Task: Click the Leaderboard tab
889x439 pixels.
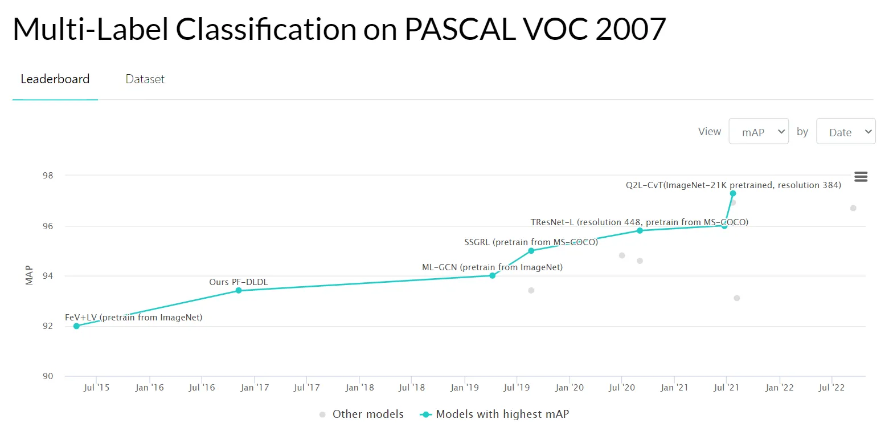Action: tap(55, 79)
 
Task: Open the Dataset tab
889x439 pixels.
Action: tap(145, 79)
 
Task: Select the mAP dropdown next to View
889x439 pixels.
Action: tap(758, 132)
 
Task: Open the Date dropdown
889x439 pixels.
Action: tap(846, 132)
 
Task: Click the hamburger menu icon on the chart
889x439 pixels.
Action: tap(861, 177)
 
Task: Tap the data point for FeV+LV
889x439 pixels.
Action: tap(76, 326)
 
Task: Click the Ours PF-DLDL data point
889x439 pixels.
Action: tap(239, 291)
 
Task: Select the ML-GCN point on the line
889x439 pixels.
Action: tap(492, 275)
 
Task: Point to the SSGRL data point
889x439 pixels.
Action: tap(531, 251)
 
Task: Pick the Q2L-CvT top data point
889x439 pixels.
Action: tap(733, 193)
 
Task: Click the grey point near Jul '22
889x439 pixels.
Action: tap(853, 208)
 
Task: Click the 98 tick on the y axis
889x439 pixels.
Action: tap(47, 176)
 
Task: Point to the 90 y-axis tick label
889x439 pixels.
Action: tap(47, 376)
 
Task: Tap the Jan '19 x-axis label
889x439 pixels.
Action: tap(465, 388)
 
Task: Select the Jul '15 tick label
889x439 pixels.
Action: tap(96, 388)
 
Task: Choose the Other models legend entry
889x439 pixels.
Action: tap(367, 414)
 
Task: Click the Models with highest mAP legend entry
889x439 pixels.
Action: tap(502, 414)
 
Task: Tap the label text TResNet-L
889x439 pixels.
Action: tap(552, 222)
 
